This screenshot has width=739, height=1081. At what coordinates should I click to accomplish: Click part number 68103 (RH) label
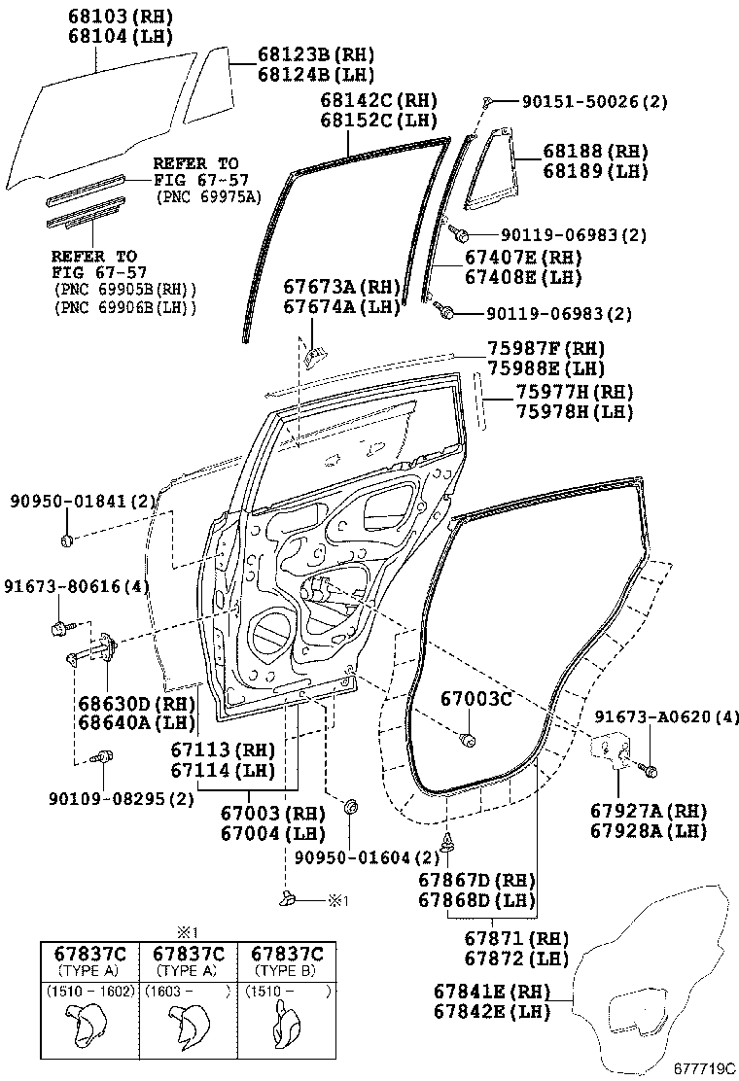(120, 16)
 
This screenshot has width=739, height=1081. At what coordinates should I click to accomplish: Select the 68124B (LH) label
(316, 75)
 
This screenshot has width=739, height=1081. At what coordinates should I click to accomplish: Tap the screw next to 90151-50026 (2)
(488, 102)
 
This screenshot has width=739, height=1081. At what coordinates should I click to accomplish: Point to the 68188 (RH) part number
(596, 151)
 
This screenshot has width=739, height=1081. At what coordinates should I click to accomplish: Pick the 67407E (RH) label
(523, 258)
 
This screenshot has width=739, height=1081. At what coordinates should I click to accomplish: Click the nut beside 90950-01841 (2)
(67, 540)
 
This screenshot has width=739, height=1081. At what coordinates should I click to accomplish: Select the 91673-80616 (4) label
(77, 587)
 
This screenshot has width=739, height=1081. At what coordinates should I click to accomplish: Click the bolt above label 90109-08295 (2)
(101, 757)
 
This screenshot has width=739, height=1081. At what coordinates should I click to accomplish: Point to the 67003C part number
(476, 699)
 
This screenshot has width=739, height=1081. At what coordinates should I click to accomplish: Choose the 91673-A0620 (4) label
(667, 716)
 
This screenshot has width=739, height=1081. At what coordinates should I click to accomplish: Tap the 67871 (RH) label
(516, 938)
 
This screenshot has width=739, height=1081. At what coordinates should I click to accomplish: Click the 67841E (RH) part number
(492, 992)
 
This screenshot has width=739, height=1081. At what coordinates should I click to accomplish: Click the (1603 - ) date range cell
(187, 993)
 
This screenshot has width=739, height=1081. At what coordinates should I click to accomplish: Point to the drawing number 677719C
(704, 1069)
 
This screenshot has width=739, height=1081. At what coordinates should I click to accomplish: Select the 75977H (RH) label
(575, 392)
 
